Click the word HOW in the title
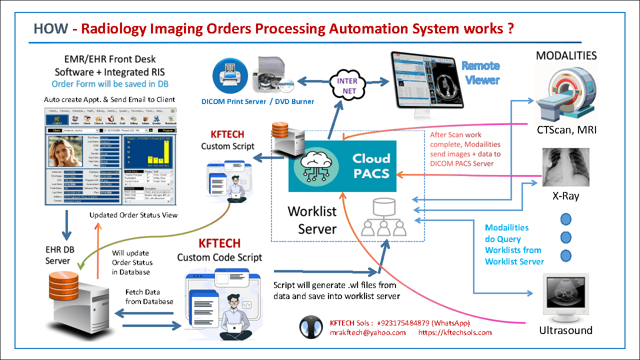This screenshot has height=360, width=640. tap(50, 28)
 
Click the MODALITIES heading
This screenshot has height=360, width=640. tap(566, 55)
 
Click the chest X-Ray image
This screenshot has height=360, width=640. tap(566, 167)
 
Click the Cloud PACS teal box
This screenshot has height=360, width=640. tap(342, 166)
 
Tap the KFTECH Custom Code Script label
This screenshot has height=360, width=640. tap(219, 250)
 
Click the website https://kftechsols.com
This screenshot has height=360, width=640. tap(454, 332)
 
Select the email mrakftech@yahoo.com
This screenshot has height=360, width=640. tap(367, 332)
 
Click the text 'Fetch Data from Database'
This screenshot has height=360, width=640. tap(149, 296)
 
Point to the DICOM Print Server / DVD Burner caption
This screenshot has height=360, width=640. tap(258, 101)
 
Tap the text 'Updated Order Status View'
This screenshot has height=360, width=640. tap(133, 215)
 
